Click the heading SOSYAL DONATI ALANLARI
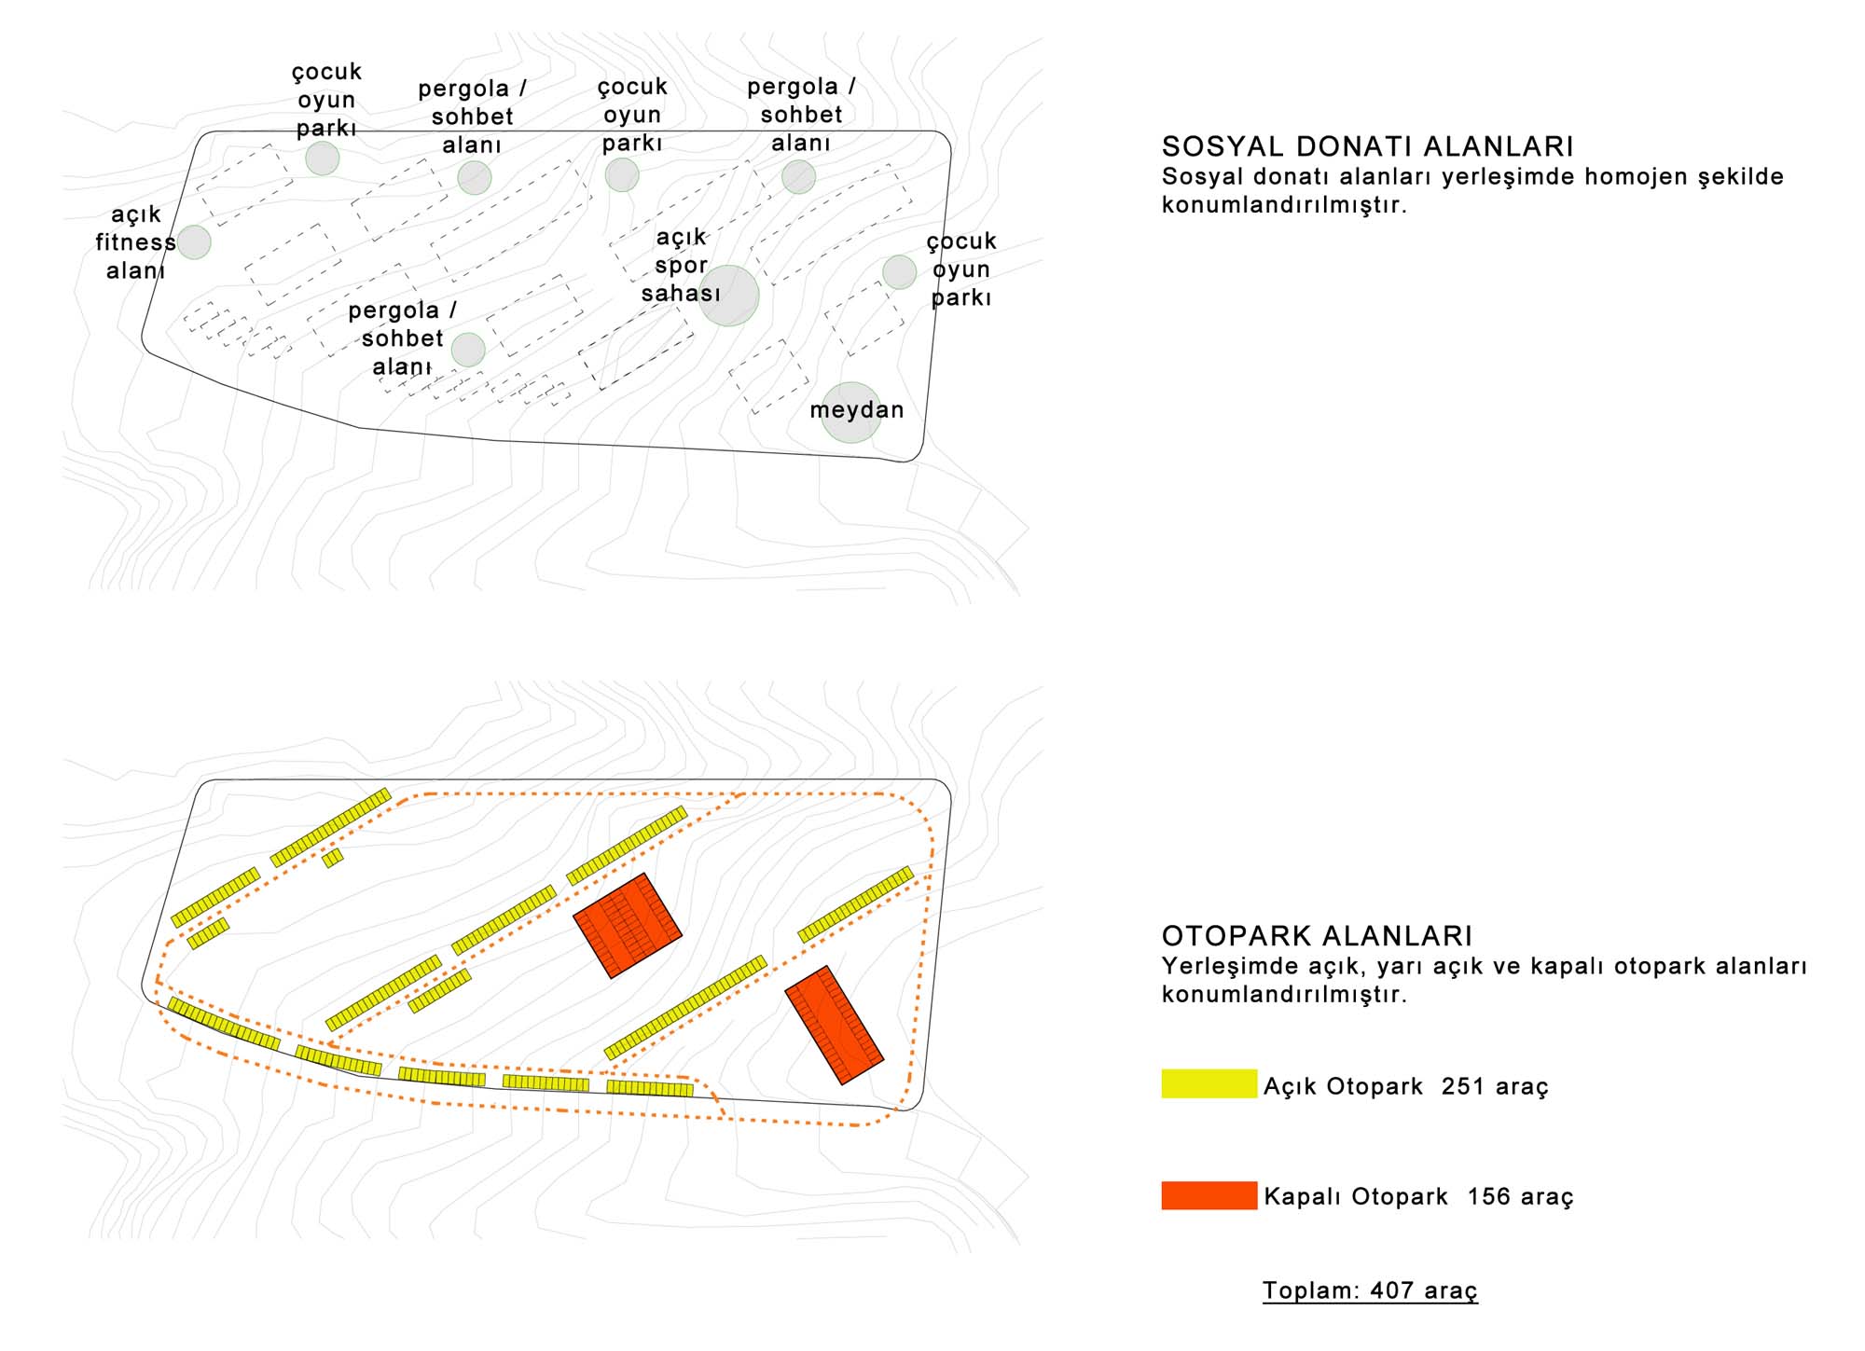(x=1367, y=146)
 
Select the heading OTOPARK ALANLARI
(x=1317, y=936)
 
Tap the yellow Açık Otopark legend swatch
(x=1209, y=1083)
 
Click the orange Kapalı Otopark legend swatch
(x=1209, y=1195)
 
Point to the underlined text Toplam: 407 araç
(x=1370, y=1290)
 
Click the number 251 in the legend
(x=1462, y=1086)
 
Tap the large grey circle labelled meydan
(x=851, y=412)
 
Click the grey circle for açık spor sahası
(x=728, y=296)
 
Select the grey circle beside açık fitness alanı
(x=194, y=242)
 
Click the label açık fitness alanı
(x=136, y=242)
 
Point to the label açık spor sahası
(x=681, y=265)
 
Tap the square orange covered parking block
(x=628, y=926)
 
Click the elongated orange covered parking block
(x=834, y=1025)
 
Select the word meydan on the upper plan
(x=857, y=410)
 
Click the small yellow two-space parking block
(x=333, y=858)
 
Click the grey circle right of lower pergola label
(x=468, y=350)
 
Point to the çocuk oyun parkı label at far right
(x=961, y=269)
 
